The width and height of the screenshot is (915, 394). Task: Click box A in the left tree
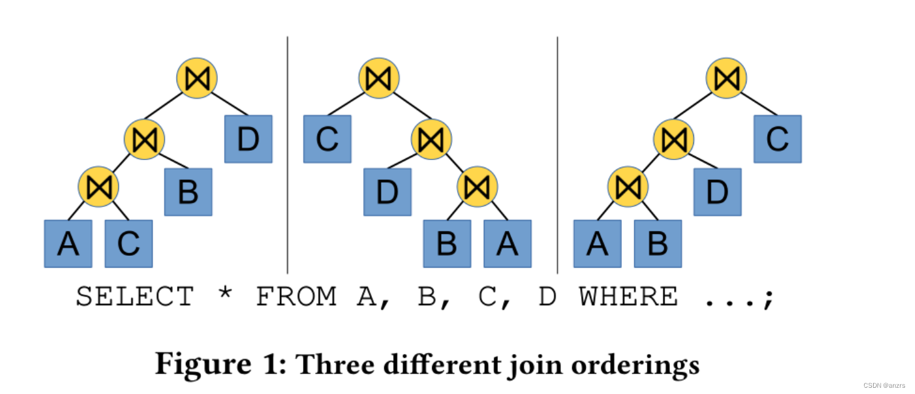tap(68, 243)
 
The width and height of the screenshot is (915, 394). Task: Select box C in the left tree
tap(128, 243)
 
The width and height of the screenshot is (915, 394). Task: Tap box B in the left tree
tap(188, 191)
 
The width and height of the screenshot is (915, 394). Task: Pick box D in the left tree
tap(248, 139)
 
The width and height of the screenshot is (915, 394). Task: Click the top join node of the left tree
tap(196, 78)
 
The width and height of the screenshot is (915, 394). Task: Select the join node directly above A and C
tap(98, 186)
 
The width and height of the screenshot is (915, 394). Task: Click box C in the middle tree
tap(327, 139)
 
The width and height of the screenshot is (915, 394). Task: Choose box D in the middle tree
tap(388, 191)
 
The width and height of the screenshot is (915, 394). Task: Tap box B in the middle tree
tap(447, 243)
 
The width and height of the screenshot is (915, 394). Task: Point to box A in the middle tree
tap(507, 243)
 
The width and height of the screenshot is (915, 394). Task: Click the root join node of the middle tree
tap(379, 78)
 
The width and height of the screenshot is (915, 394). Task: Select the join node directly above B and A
tap(477, 186)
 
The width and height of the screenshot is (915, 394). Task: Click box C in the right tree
tap(777, 139)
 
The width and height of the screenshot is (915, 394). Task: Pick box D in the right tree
tap(717, 191)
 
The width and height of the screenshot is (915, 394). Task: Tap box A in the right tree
tap(597, 243)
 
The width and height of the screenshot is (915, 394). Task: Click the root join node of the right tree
tap(726, 78)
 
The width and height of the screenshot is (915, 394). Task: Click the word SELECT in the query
tap(135, 296)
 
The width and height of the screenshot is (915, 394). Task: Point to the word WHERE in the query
tap(628, 296)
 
